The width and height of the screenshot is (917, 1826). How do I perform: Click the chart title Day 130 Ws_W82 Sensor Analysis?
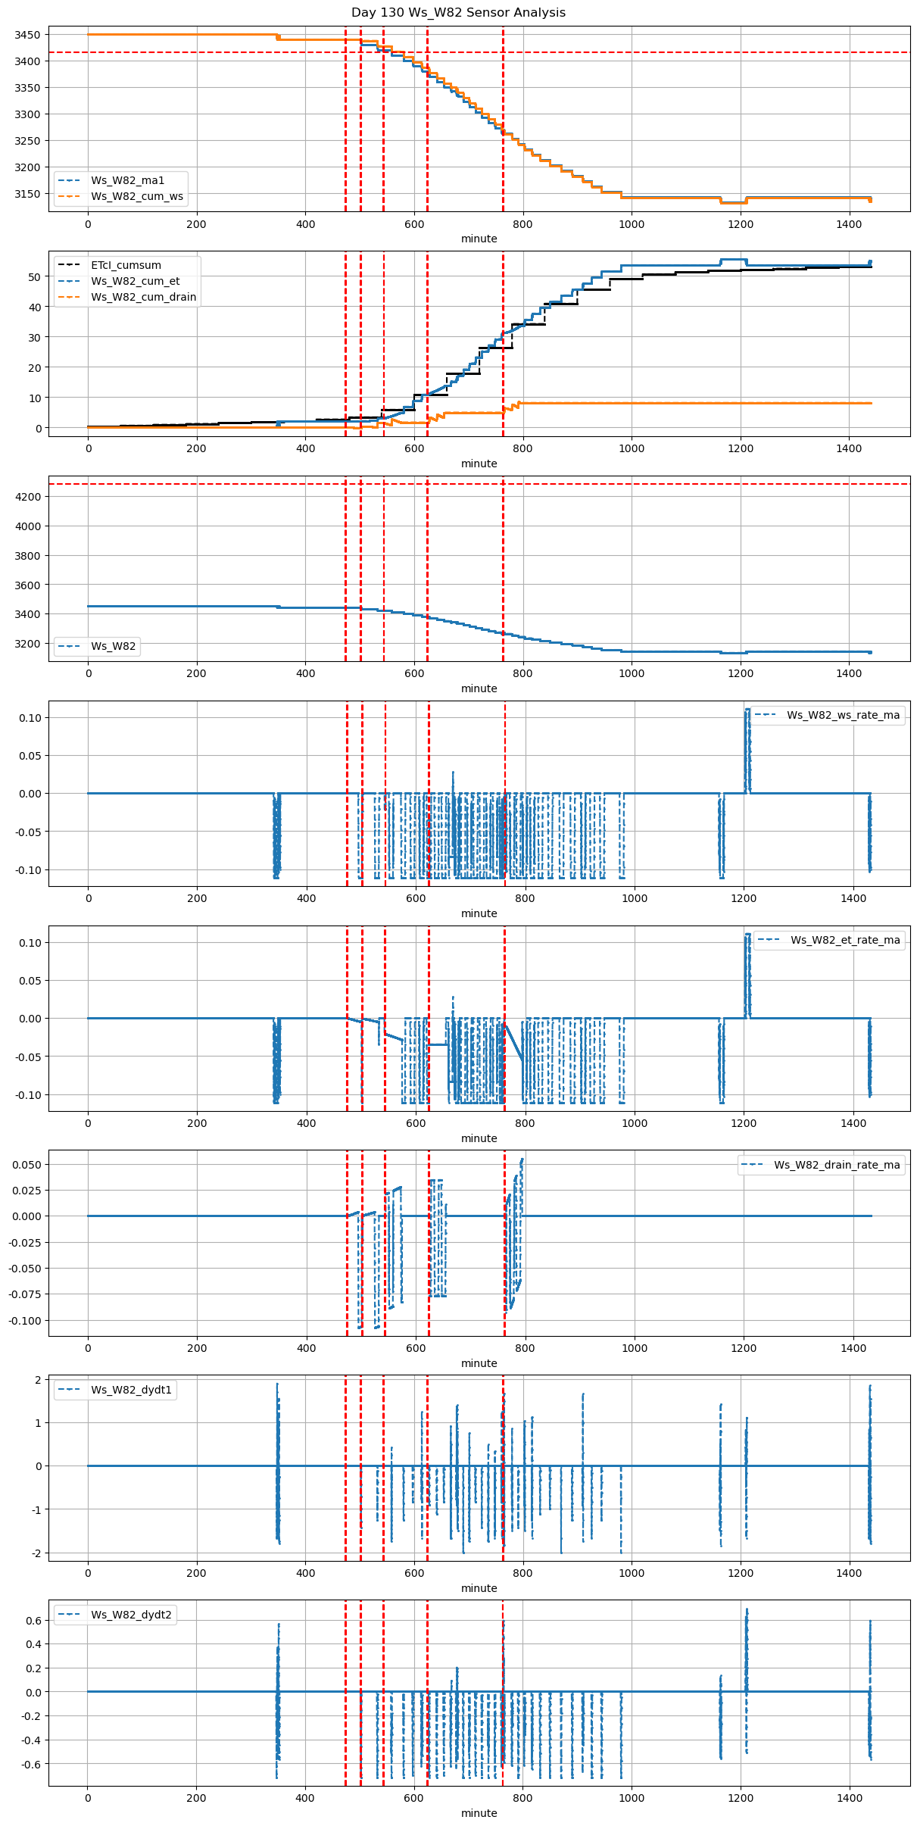click(x=458, y=13)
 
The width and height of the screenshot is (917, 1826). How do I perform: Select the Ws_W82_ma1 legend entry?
click(x=127, y=180)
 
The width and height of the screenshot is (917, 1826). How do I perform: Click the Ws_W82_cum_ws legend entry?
click(x=137, y=196)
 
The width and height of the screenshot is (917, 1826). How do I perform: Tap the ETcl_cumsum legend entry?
click(x=126, y=265)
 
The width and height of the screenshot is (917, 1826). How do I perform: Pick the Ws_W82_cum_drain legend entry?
click(x=143, y=297)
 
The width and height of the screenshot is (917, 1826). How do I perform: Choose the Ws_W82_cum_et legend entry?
click(x=135, y=281)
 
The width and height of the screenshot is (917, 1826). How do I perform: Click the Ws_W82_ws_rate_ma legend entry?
click(x=843, y=715)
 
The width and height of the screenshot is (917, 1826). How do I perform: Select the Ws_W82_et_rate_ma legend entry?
click(x=845, y=940)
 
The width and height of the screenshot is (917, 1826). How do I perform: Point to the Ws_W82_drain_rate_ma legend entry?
click(x=837, y=1165)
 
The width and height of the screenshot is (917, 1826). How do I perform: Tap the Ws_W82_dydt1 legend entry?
click(x=131, y=1390)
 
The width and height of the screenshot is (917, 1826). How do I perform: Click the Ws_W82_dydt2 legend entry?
click(x=131, y=1615)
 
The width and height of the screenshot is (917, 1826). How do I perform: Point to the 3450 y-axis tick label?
click(x=27, y=35)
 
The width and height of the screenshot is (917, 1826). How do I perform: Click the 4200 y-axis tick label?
click(x=27, y=497)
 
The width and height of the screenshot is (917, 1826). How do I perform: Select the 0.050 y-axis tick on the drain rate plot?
click(x=25, y=1164)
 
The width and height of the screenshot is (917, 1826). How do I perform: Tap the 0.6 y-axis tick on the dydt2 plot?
click(x=33, y=1621)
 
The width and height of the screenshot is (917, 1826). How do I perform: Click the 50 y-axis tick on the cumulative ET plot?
click(x=34, y=277)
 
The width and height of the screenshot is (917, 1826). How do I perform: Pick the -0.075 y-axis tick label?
click(x=23, y=1294)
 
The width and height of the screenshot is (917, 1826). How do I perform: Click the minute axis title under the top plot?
click(x=479, y=239)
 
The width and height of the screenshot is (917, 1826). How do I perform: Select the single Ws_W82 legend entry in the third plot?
click(x=113, y=646)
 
